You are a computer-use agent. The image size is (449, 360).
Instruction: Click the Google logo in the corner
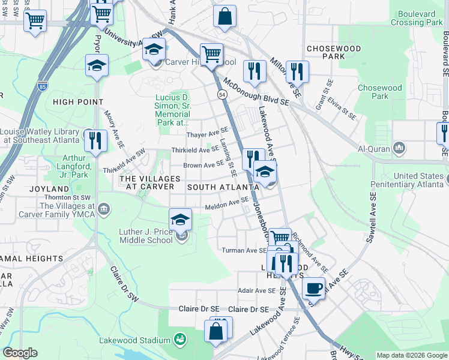[x=20, y=353]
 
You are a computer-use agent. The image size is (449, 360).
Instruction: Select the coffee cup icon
[x=313, y=288]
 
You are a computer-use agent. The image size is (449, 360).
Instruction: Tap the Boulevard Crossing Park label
[x=416, y=17]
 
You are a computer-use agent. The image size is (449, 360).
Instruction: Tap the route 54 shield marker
[x=222, y=95]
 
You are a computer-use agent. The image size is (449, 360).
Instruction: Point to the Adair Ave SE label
[x=257, y=290]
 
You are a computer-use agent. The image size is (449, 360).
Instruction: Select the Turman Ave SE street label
[x=244, y=250]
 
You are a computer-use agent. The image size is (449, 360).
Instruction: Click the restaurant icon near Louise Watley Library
[x=95, y=140]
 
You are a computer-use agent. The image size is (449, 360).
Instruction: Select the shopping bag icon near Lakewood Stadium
[x=216, y=330]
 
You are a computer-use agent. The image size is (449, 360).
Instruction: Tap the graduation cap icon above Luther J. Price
[x=179, y=218]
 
